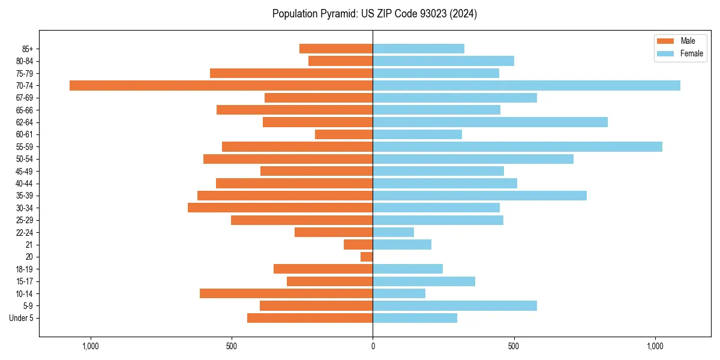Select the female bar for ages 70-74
pos(526,85)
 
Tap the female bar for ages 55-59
pos(517,146)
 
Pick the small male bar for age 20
pos(367,257)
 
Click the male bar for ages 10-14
pos(286,293)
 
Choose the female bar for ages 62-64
pos(490,122)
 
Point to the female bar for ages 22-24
pos(393,232)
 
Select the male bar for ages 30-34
pos(280,208)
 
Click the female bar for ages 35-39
pos(479,196)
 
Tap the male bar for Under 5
pos(310,318)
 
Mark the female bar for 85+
pos(418,49)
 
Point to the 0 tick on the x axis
pos(373,347)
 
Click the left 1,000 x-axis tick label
pos(91,347)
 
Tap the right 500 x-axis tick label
pos(514,347)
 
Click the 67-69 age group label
pos(25,98)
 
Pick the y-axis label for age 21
pos(29,245)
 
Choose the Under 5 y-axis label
pos(21,318)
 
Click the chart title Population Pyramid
pos(374,14)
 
